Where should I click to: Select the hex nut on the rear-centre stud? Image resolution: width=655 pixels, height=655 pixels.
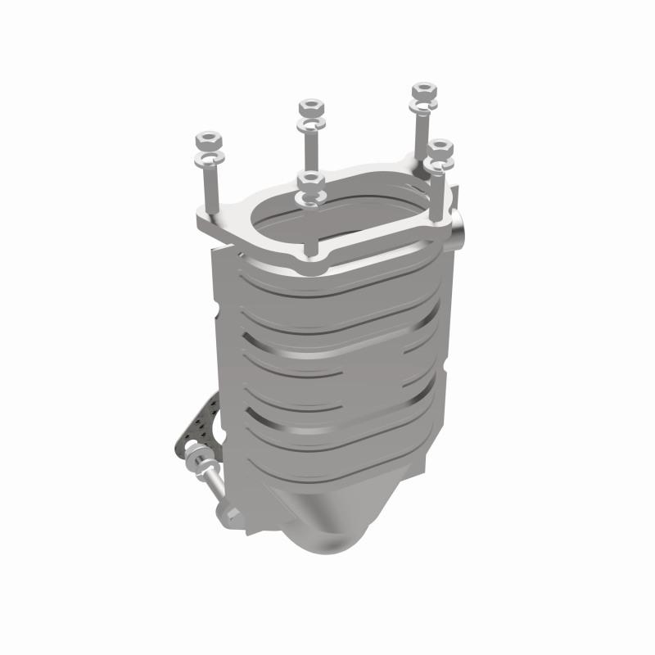(x=311, y=107)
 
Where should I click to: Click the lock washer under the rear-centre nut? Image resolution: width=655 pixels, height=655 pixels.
(x=312, y=124)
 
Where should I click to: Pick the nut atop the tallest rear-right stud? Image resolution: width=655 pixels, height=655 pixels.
(x=423, y=89)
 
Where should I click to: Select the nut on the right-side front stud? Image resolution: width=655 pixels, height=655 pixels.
(x=440, y=148)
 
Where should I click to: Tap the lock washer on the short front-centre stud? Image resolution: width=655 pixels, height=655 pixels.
(x=311, y=196)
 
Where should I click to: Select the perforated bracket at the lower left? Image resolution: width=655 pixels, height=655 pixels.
(x=196, y=426)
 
